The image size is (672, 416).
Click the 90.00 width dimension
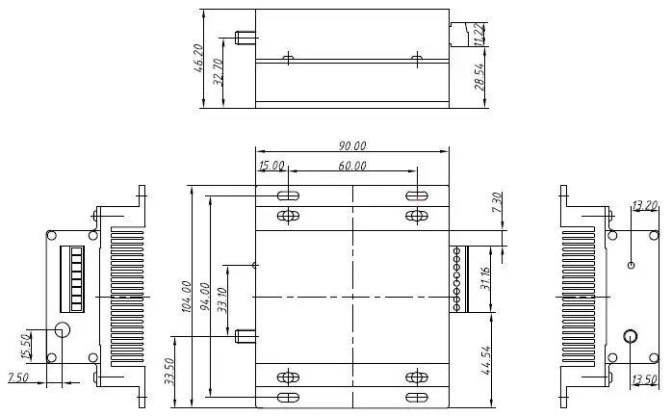tap(351, 146)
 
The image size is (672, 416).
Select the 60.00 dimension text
tap(351, 166)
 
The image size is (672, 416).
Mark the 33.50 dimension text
tap(170, 371)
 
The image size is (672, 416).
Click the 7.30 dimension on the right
tap(497, 203)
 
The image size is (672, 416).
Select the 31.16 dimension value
tap(487, 278)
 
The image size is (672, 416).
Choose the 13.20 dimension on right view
tap(643, 205)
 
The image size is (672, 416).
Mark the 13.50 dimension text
tap(643, 378)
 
